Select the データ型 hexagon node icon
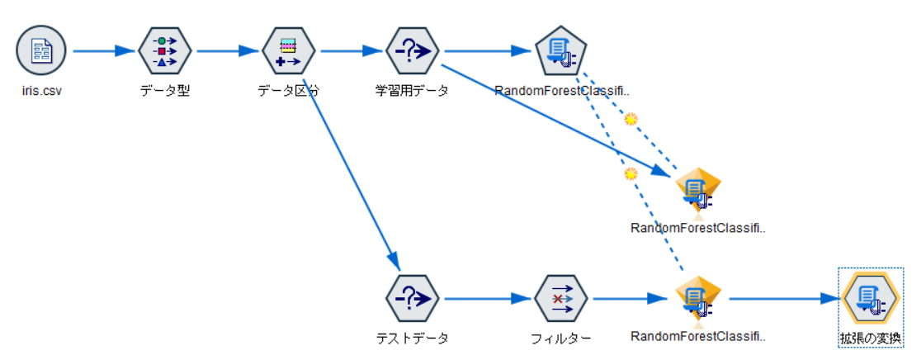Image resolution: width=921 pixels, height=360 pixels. [x=164, y=51]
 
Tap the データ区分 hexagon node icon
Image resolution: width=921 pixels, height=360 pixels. [x=288, y=51]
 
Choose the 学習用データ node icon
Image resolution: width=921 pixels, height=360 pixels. [x=412, y=51]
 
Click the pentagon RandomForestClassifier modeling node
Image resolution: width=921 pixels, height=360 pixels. [x=560, y=51]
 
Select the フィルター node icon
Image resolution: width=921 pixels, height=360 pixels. [x=560, y=298]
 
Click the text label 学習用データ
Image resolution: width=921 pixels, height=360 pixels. [x=412, y=91]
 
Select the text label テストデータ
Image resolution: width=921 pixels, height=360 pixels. [x=412, y=337]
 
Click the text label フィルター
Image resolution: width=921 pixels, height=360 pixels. [x=561, y=337]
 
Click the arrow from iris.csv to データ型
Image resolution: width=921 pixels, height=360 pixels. [x=102, y=51]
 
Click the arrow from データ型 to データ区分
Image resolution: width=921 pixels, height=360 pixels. [x=226, y=51]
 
